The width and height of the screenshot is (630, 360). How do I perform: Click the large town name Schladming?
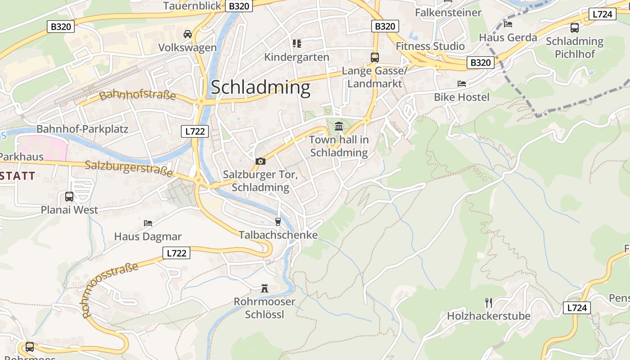click(x=261, y=87)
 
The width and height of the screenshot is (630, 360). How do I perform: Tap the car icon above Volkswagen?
click(x=188, y=34)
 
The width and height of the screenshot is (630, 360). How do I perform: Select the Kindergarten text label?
click(x=297, y=58)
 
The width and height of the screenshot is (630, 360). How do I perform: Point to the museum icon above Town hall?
click(x=339, y=126)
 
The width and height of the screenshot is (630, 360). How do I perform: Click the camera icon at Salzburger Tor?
click(x=260, y=161)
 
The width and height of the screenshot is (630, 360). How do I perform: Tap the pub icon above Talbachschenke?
click(x=278, y=221)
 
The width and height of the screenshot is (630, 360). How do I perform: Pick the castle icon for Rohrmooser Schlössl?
click(x=265, y=288)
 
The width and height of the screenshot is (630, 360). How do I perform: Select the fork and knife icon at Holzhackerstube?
click(x=489, y=302)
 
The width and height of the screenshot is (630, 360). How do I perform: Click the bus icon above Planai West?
click(x=69, y=197)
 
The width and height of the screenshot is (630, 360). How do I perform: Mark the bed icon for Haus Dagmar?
click(x=148, y=223)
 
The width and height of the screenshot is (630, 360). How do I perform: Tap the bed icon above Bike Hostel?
click(x=462, y=84)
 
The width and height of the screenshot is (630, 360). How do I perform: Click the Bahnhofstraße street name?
click(x=138, y=95)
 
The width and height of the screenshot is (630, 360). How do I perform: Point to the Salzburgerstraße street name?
click(x=129, y=168)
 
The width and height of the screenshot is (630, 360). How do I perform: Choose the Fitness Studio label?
click(x=430, y=46)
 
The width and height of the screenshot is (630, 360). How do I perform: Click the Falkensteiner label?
click(x=448, y=13)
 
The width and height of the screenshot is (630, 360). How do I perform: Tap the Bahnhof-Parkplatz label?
click(x=82, y=129)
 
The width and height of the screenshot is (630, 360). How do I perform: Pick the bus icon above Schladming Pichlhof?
click(x=575, y=28)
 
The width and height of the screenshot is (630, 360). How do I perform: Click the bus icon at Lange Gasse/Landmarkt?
click(x=374, y=58)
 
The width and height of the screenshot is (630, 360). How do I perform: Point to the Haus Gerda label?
click(x=508, y=37)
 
